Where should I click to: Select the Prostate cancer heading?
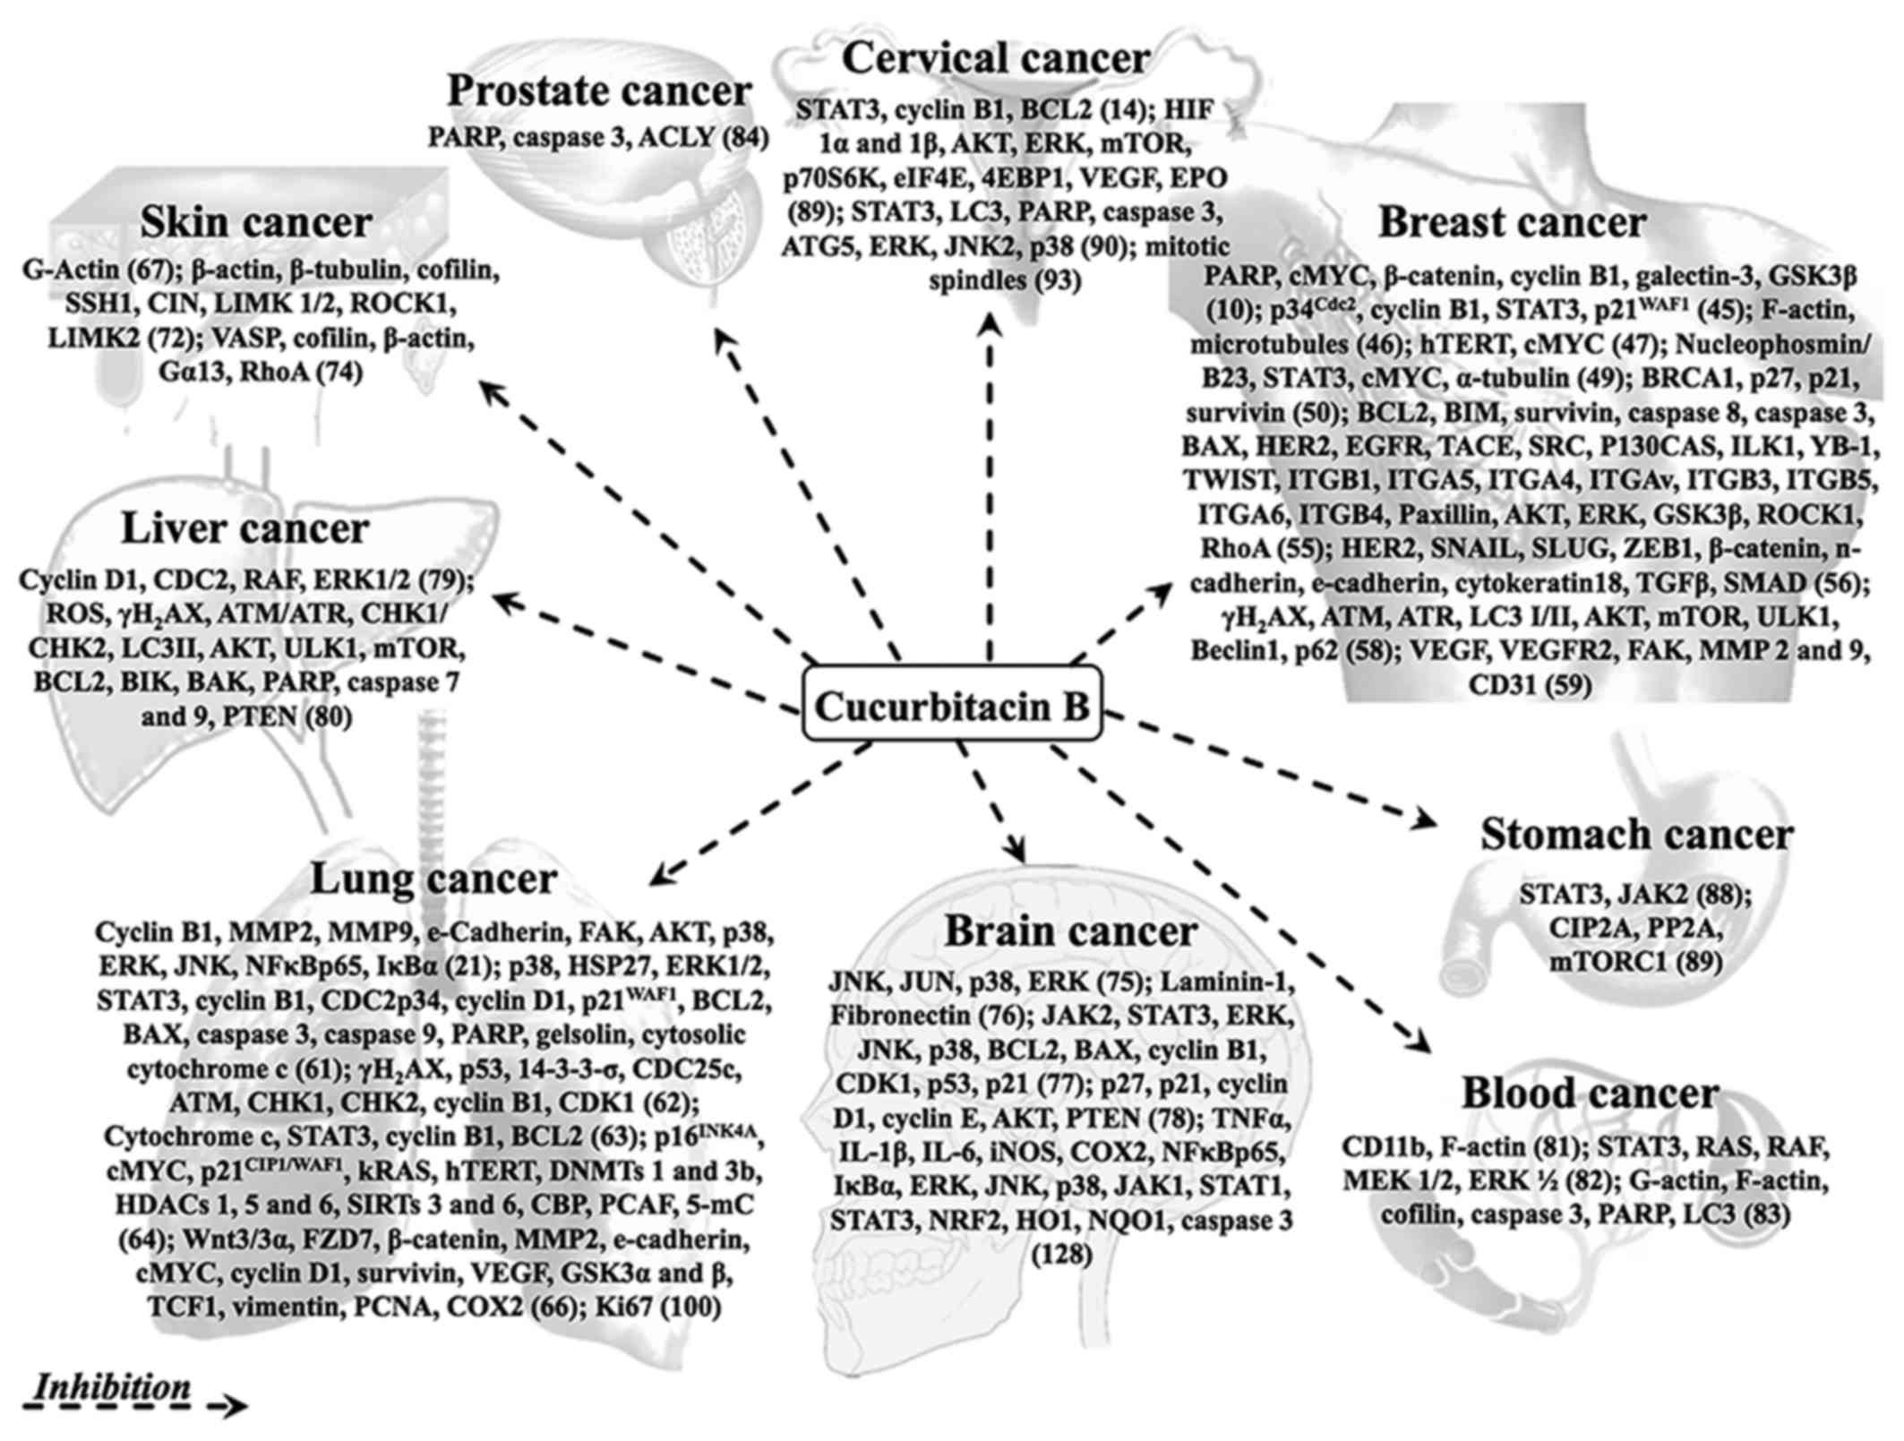point(599,91)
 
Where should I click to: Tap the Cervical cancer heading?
point(996,58)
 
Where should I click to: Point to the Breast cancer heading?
point(1512,222)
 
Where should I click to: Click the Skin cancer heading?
point(256,222)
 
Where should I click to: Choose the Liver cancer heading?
point(245,528)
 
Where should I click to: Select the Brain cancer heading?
point(1070,931)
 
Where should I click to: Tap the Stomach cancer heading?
point(1636,834)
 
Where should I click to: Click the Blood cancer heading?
point(1590,1093)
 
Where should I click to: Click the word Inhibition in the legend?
point(112,1387)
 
